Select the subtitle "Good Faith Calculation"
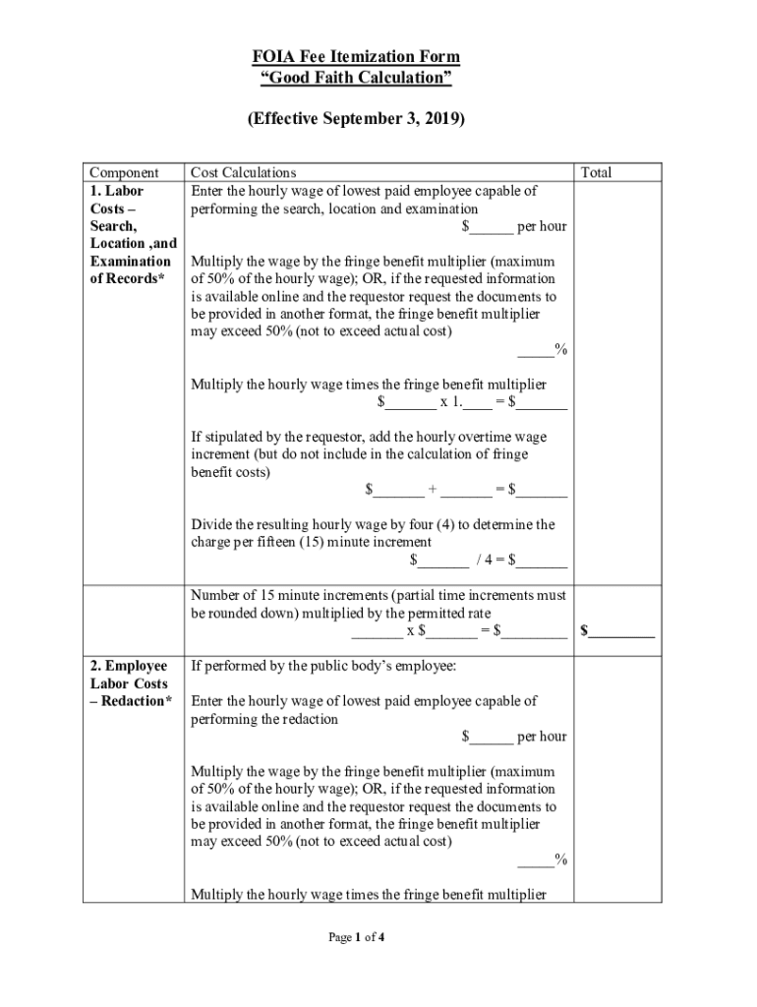(355, 79)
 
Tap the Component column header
(123, 173)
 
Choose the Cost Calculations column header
(243, 173)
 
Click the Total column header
(596, 173)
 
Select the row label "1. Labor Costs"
(117, 200)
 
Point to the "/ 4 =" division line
(488, 562)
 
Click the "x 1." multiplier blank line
(472, 402)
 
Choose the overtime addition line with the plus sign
(466, 490)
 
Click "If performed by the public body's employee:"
(323, 666)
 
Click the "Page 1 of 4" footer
(356, 937)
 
